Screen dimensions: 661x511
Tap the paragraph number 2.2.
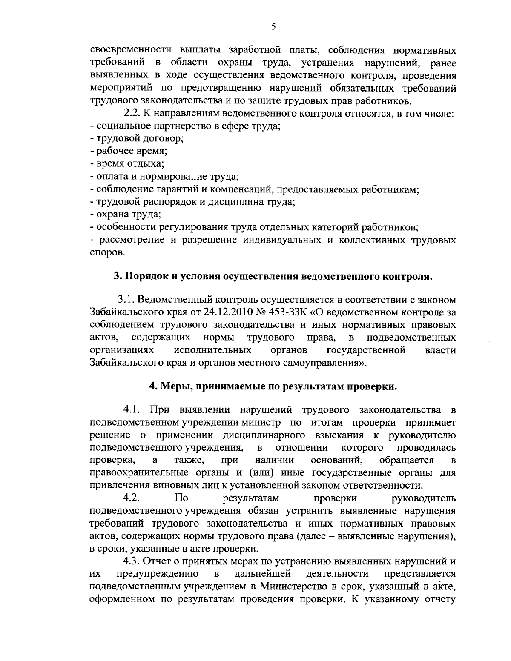click(x=131, y=114)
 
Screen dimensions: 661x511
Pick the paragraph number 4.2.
click(x=131, y=498)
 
